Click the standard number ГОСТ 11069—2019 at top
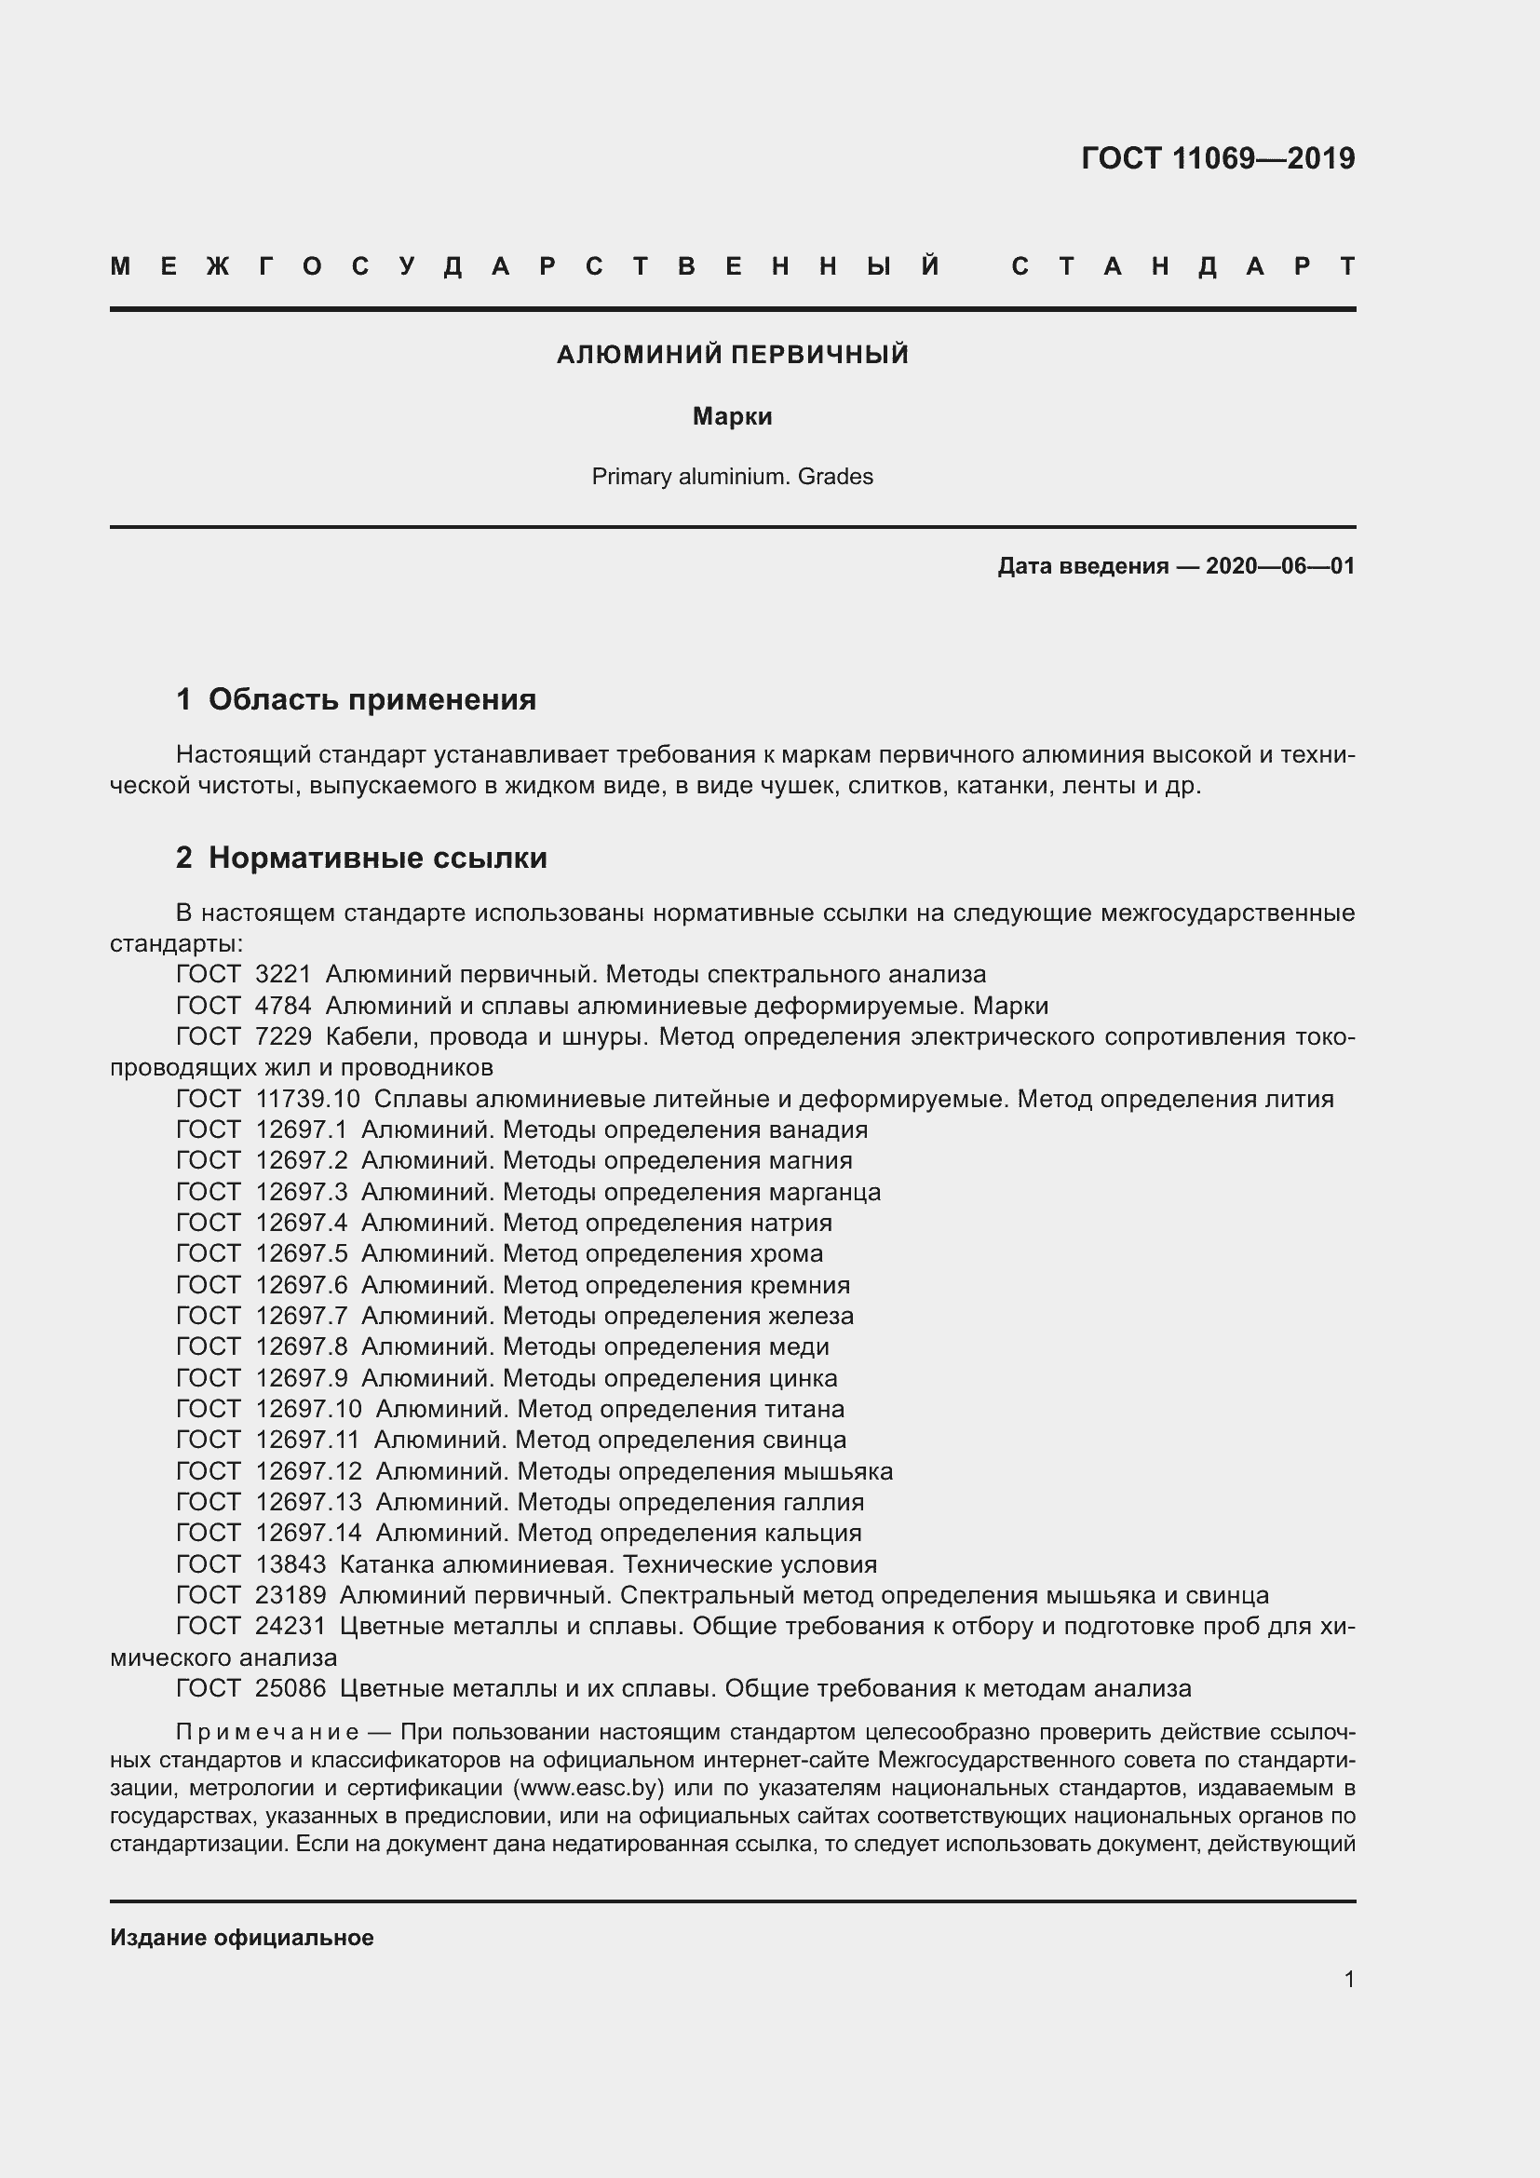1218,158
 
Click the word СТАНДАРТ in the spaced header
1183,266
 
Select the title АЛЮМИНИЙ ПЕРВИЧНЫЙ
732,355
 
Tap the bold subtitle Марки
732,416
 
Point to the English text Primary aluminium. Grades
732,476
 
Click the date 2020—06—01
1280,566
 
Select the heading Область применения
371,699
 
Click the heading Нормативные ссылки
377,858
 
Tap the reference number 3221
283,974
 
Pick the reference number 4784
283,1006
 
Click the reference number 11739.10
307,1099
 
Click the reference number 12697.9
302,1377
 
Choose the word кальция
817,1533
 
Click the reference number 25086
290,1687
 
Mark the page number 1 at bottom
1348,1980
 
